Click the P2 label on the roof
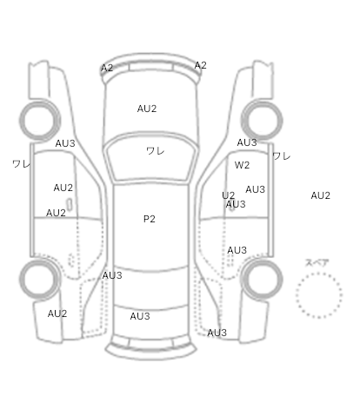(150, 219)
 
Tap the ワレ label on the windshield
(156, 151)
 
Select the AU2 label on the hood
(147, 109)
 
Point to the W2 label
(242, 165)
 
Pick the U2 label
(228, 195)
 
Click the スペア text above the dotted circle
(317, 263)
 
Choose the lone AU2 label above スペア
(321, 195)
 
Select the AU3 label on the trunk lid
(140, 316)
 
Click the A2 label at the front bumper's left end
(107, 68)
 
